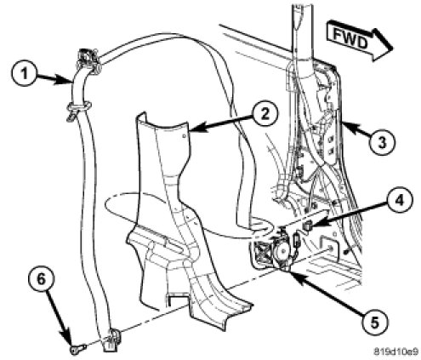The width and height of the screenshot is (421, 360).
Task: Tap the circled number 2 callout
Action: click(265, 114)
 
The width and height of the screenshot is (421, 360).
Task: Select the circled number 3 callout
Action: click(382, 142)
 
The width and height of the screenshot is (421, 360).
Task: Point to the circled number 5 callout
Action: click(374, 323)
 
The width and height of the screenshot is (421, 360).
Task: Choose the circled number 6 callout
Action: click(41, 279)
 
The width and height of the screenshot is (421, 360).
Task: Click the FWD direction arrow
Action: click(359, 41)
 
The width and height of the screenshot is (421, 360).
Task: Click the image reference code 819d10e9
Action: click(395, 351)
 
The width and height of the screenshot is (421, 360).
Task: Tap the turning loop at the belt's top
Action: click(88, 60)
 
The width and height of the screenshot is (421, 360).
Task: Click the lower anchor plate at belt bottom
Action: click(111, 340)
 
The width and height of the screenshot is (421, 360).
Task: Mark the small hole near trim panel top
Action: click(185, 136)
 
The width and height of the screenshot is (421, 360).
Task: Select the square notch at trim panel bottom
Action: click(177, 300)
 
